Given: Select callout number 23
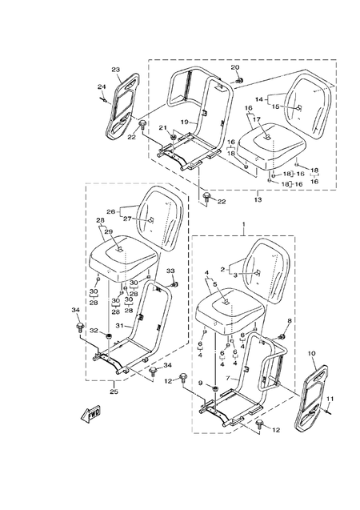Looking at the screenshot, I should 115,70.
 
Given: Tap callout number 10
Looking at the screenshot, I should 311,353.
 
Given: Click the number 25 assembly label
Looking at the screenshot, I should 114,392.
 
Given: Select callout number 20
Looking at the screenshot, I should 235,67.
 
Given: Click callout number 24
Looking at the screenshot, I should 102,86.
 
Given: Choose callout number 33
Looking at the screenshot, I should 170,272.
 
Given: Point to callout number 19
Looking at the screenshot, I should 183,122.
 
